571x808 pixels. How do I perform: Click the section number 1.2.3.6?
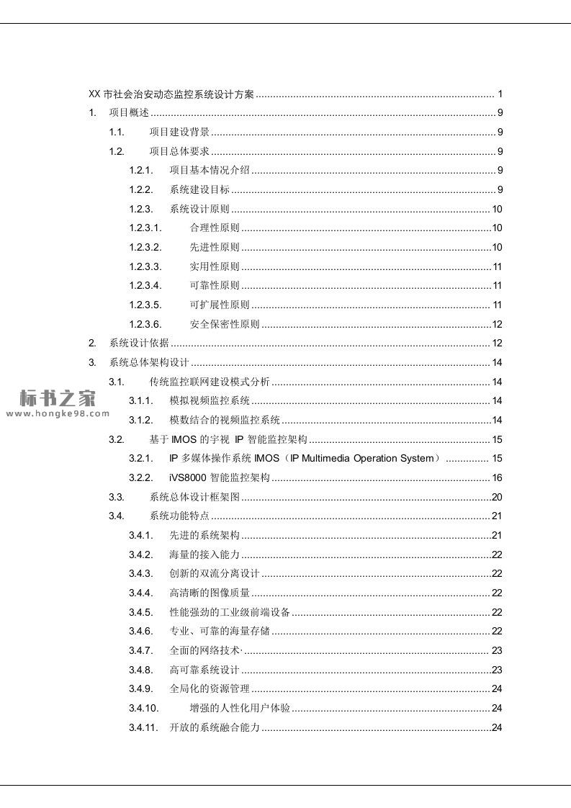point(145,324)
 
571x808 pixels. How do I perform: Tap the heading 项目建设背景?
point(179,132)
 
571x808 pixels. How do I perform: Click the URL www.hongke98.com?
point(57,413)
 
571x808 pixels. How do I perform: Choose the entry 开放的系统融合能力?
point(214,727)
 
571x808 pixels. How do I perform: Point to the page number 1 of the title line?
point(500,94)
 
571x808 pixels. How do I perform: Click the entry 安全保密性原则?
point(225,324)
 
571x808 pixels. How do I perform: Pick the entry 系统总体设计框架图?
point(194,497)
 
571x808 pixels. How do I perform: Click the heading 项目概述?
point(129,112)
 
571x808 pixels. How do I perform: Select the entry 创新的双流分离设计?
point(214,574)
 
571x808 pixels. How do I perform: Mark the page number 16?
point(497,477)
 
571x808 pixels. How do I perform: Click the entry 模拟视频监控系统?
point(210,400)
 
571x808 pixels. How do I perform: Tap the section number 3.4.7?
point(141,650)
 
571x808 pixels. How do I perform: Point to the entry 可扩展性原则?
point(220,305)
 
